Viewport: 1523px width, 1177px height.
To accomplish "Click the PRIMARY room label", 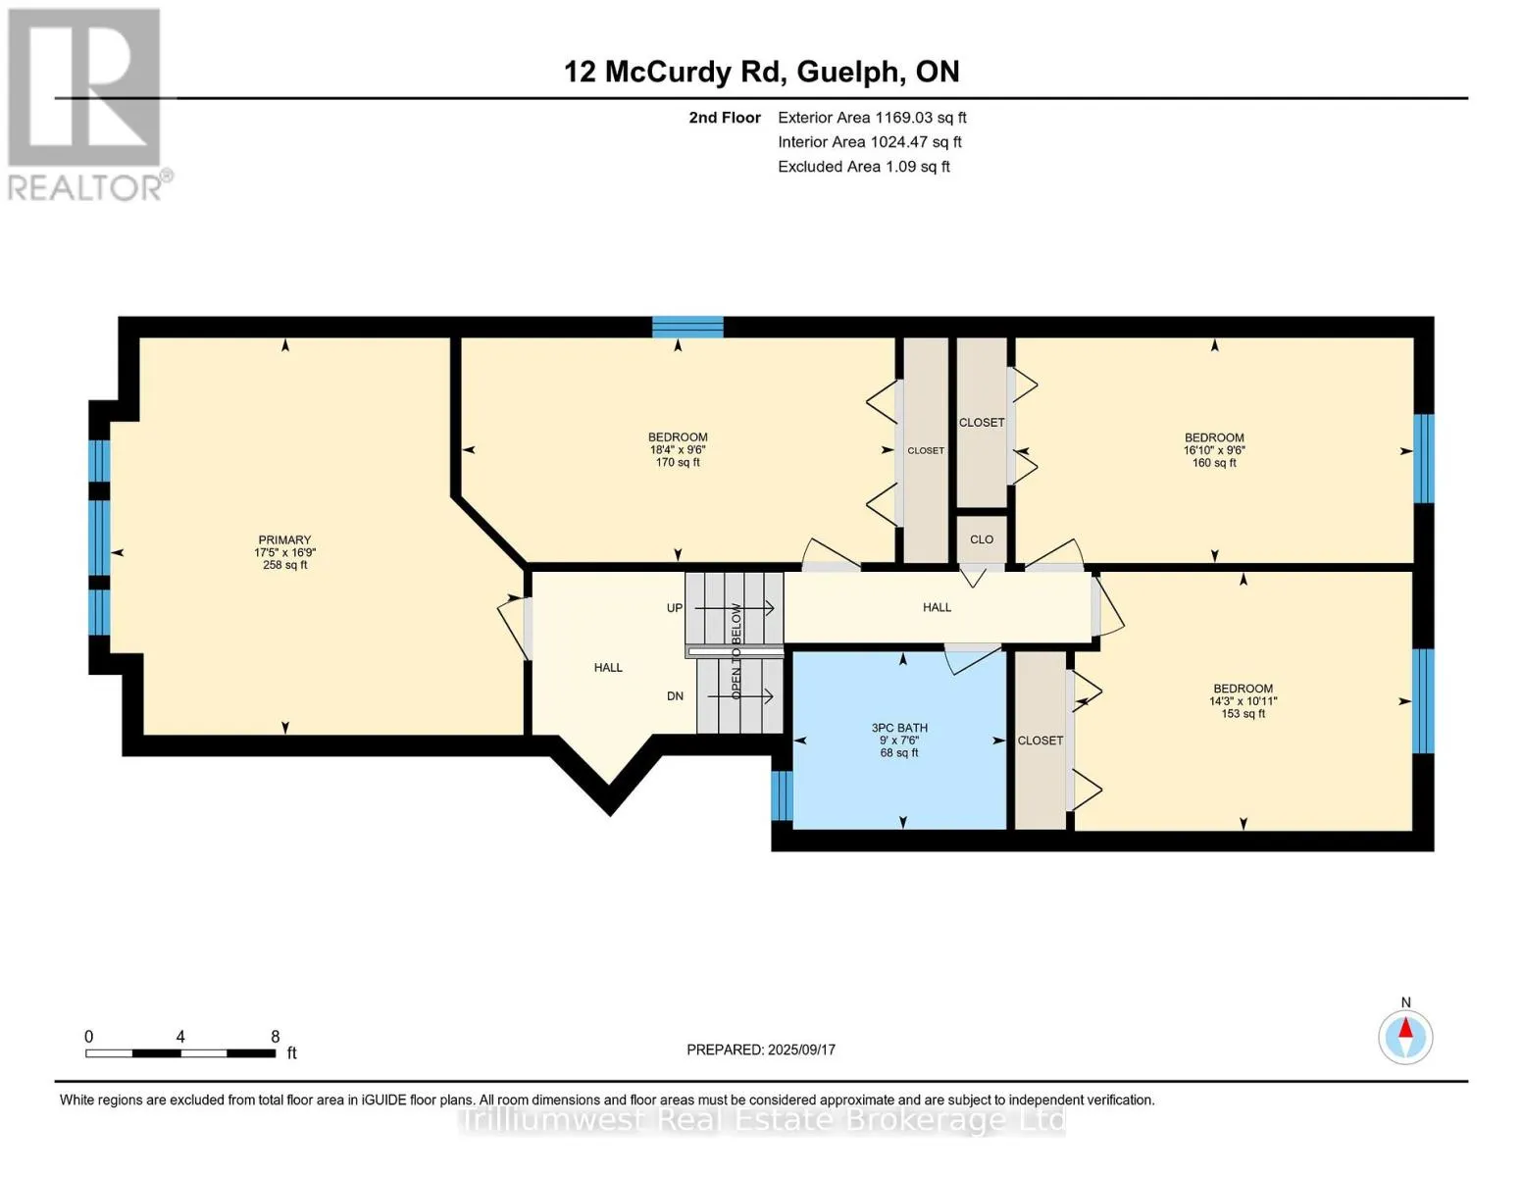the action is [x=284, y=539].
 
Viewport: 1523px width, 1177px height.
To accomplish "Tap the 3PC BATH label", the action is [x=899, y=728].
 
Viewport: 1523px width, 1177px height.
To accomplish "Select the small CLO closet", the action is [x=982, y=539].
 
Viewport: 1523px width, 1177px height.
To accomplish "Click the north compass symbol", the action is [x=1405, y=1038].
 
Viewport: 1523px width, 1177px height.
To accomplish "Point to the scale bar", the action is [x=180, y=1052].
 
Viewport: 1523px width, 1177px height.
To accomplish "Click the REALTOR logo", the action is [x=88, y=105].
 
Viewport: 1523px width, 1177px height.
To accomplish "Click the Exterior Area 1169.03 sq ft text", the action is [x=872, y=118].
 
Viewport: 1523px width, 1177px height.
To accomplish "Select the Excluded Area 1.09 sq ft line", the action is [x=863, y=167].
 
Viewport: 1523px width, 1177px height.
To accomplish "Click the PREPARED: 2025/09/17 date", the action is [x=761, y=1050].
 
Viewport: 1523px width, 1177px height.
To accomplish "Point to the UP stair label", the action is [x=675, y=608].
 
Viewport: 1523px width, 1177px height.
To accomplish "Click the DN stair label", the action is [x=675, y=696].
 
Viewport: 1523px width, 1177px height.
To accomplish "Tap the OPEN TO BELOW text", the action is [x=736, y=652].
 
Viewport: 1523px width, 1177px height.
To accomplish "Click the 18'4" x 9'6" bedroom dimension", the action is [x=678, y=450].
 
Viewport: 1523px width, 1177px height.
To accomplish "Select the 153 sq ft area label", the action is [x=1243, y=714].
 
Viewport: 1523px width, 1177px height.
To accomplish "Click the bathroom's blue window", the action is [x=783, y=795].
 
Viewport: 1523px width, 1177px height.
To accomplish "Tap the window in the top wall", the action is [x=687, y=328].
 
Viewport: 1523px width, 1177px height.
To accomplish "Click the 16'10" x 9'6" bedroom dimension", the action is [x=1214, y=450].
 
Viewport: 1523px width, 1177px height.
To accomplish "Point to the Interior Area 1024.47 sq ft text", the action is [x=870, y=142].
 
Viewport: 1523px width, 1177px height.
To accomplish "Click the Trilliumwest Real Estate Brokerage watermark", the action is [x=762, y=1120].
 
